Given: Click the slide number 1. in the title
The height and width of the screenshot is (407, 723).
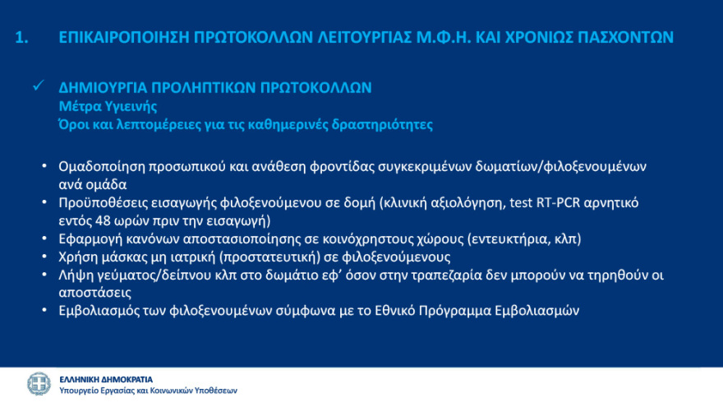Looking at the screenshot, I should tap(24, 38).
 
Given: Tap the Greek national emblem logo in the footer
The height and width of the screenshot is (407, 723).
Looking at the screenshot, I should tap(38, 384).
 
